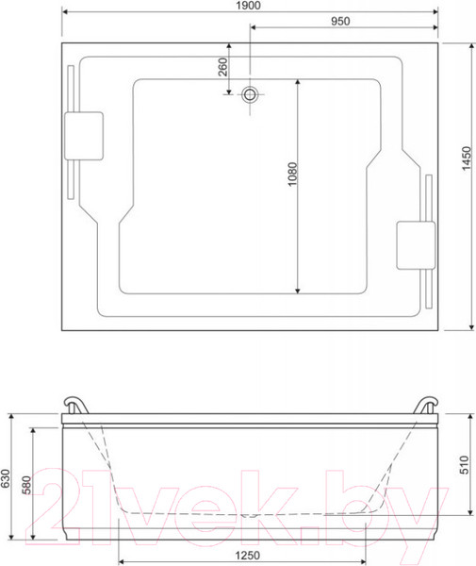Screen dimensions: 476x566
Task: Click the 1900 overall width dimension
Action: point(248,6)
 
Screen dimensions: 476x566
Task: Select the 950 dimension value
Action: point(340,22)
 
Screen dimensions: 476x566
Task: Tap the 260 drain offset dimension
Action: point(223,67)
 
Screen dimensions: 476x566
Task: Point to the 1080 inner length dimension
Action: point(292,174)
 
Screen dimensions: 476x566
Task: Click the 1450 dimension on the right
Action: point(467,158)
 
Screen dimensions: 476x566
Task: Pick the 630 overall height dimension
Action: point(5,478)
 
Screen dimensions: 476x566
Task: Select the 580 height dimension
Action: point(26,485)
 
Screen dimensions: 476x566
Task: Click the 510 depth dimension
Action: point(464,465)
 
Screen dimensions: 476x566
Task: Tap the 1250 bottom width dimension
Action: point(247,556)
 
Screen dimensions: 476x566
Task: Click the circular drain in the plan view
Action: point(250,94)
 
